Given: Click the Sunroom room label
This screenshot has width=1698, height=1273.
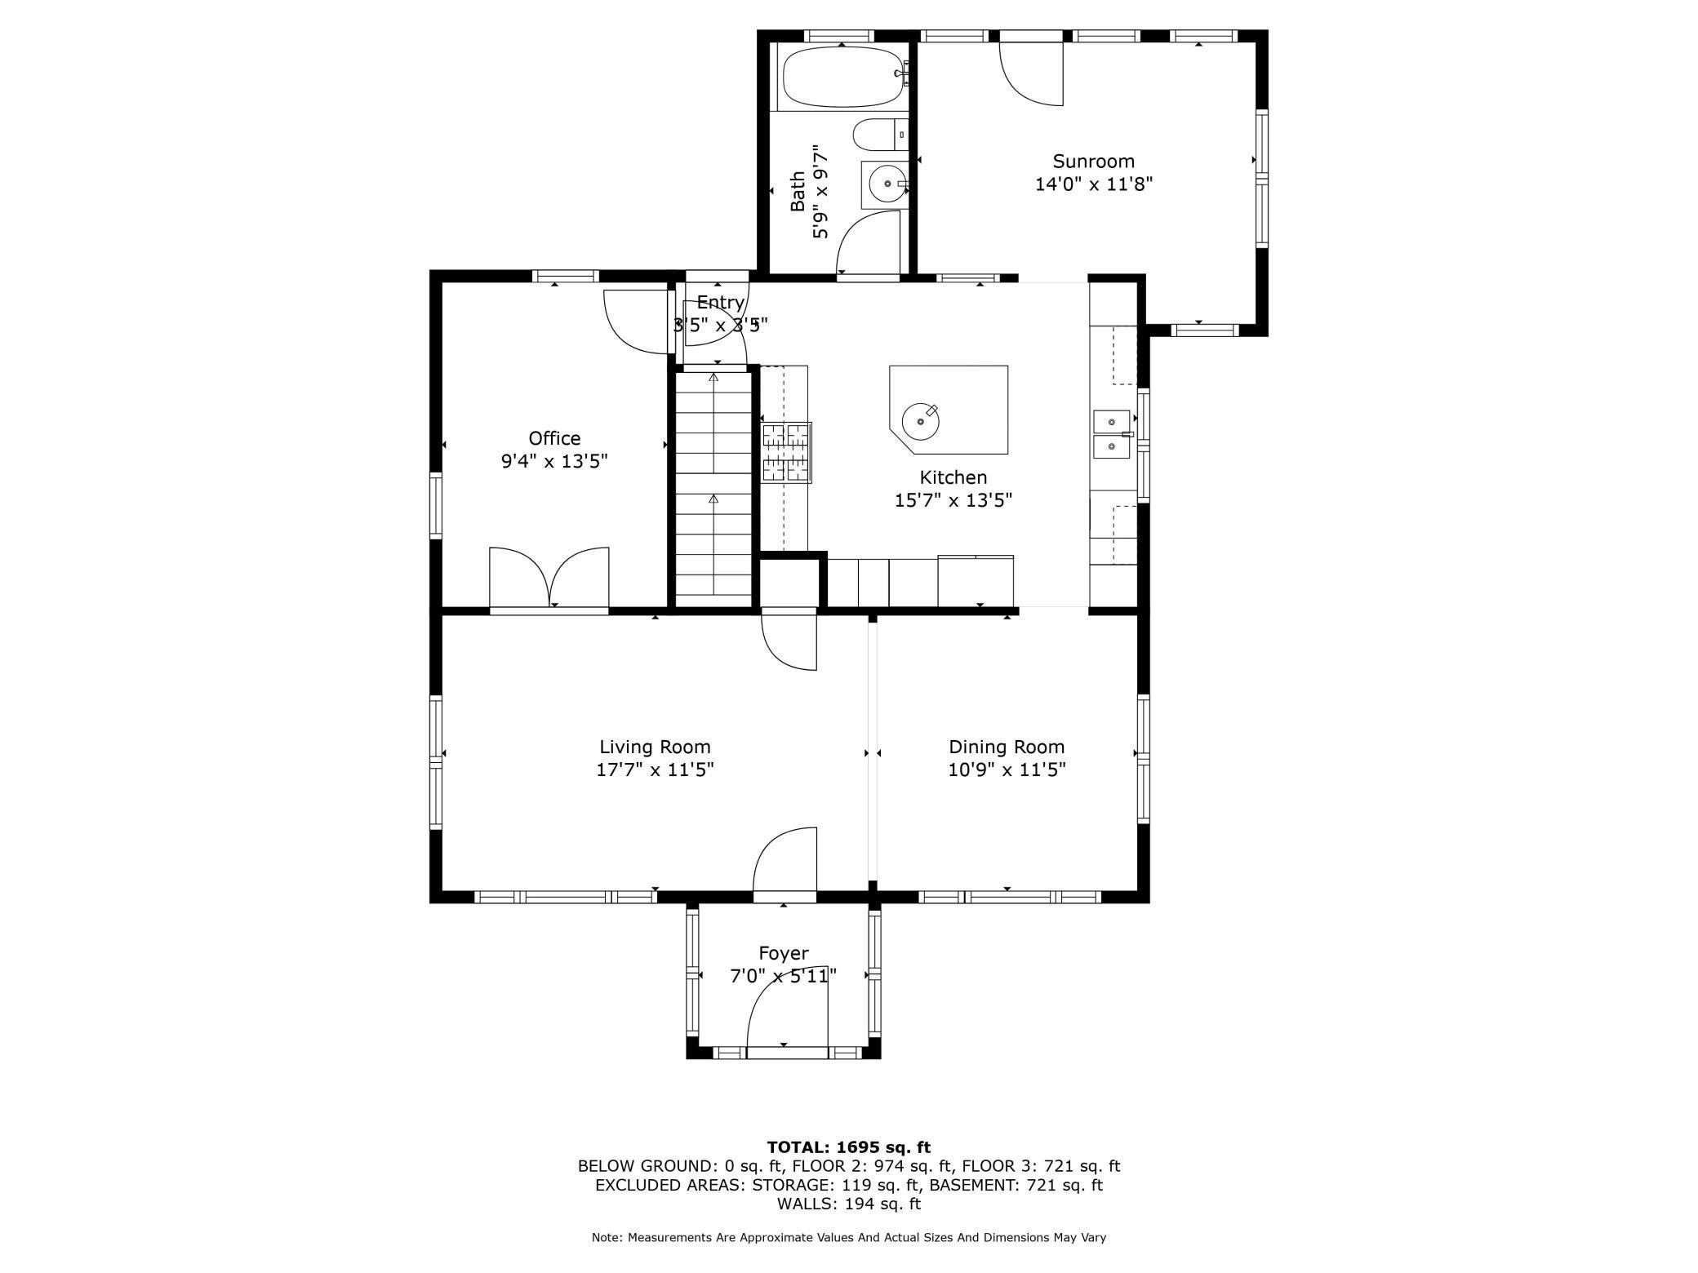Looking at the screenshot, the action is pyautogui.click(x=1093, y=162).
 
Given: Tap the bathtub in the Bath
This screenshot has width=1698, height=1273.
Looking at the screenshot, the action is pyautogui.click(x=845, y=77).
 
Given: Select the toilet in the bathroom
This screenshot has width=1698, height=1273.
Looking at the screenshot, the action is pyautogui.click(x=880, y=135).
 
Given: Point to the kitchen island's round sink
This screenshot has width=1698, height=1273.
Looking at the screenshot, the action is pyautogui.click(x=920, y=422).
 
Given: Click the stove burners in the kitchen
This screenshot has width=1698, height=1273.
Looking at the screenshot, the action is pyautogui.click(x=787, y=452).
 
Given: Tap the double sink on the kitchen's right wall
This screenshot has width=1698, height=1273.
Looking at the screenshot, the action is pyautogui.click(x=1112, y=434).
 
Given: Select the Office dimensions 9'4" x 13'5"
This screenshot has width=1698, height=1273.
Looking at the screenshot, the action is pyautogui.click(x=554, y=461).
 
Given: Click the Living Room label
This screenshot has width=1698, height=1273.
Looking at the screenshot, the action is pyautogui.click(x=655, y=747).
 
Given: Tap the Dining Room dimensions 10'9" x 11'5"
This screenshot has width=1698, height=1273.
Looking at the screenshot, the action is pyautogui.click(x=1007, y=770).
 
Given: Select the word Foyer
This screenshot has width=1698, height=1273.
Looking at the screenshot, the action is pyautogui.click(x=784, y=953).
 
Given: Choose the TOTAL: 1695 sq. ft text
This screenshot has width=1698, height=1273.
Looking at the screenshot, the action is pyautogui.click(x=848, y=1147).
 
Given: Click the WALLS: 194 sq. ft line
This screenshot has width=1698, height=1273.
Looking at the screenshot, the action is pyautogui.click(x=848, y=1204).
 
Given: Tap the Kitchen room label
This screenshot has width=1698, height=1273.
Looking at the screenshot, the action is pyautogui.click(x=953, y=477).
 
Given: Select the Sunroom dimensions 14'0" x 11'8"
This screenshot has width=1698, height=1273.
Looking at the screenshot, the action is pyautogui.click(x=1093, y=184).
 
